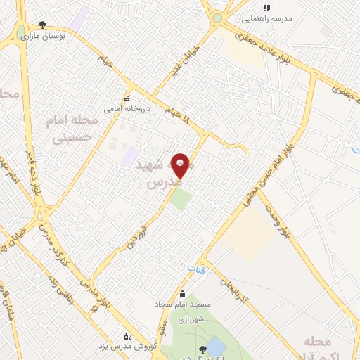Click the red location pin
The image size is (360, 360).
[181, 165]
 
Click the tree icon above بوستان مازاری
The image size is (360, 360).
[42, 25]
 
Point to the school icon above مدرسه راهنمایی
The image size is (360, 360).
[266, 8]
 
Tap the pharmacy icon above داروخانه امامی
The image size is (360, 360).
[127, 98]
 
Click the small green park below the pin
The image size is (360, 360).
[180, 199]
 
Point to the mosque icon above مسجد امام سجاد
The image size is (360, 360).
[184, 294]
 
